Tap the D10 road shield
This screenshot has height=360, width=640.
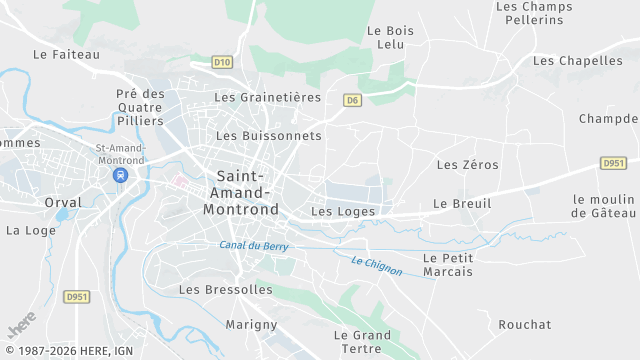click(222, 62)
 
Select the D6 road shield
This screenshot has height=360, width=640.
click(352, 100)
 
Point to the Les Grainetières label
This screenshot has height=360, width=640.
click(268, 98)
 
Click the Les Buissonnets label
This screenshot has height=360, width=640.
click(269, 135)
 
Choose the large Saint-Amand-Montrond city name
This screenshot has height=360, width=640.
click(240, 193)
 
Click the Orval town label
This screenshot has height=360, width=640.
click(62, 202)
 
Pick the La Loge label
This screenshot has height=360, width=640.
click(31, 230)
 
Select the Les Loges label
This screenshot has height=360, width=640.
click(343, 212)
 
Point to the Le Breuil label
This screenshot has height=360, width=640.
click(462, 204)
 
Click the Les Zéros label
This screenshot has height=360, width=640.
click(467, 164)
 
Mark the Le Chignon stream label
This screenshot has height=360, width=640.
click(377, 267)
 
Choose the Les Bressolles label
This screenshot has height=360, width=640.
click(225, 289)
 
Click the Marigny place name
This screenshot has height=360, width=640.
click(251, 325)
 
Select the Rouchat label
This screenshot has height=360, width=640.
click(524, 325)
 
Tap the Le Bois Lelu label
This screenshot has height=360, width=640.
click(390, 38)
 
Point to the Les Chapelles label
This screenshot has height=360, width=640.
click(578, 61)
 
